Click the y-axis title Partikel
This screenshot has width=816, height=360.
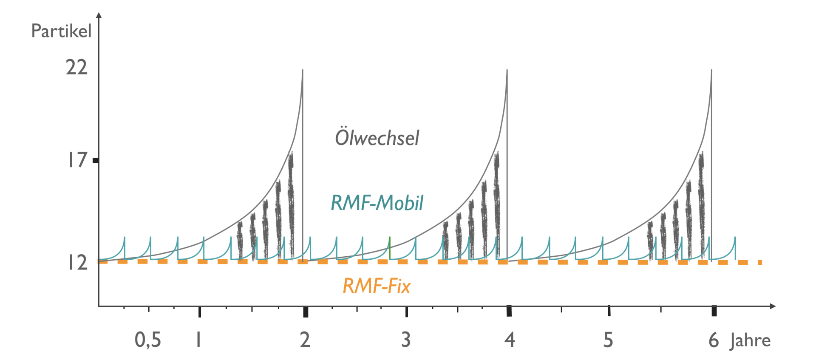tap(61, 31)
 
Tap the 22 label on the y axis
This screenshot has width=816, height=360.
tap(76, 67)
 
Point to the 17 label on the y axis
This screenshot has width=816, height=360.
tap(77, 160)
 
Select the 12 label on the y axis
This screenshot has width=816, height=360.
tap(77, 263)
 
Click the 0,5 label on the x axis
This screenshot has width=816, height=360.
tap(148, 340)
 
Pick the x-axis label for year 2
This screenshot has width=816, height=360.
tap(305, 340)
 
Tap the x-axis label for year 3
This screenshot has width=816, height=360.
tap(406, 340)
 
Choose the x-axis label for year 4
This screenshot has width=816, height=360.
tap(510, 340)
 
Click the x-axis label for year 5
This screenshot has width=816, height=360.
tap(608, 340)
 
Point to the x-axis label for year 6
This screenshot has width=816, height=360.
tap(713, 340)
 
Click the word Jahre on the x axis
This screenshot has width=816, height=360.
tap(750, 341)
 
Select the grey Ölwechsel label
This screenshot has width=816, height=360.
tap(377, 138)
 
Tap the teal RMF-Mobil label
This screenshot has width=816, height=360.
tap(377, 203)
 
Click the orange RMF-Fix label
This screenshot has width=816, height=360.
tap(377, 286)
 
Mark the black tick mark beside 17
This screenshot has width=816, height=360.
tap(96, 160)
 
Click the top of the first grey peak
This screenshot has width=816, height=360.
tap(303, 70)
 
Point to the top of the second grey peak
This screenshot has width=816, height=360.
tap(507, 70)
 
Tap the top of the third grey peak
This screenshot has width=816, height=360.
tap(711, 70)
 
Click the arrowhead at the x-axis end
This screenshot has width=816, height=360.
tap(773, 306)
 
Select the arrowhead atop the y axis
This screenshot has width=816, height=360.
tap(99, 15)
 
